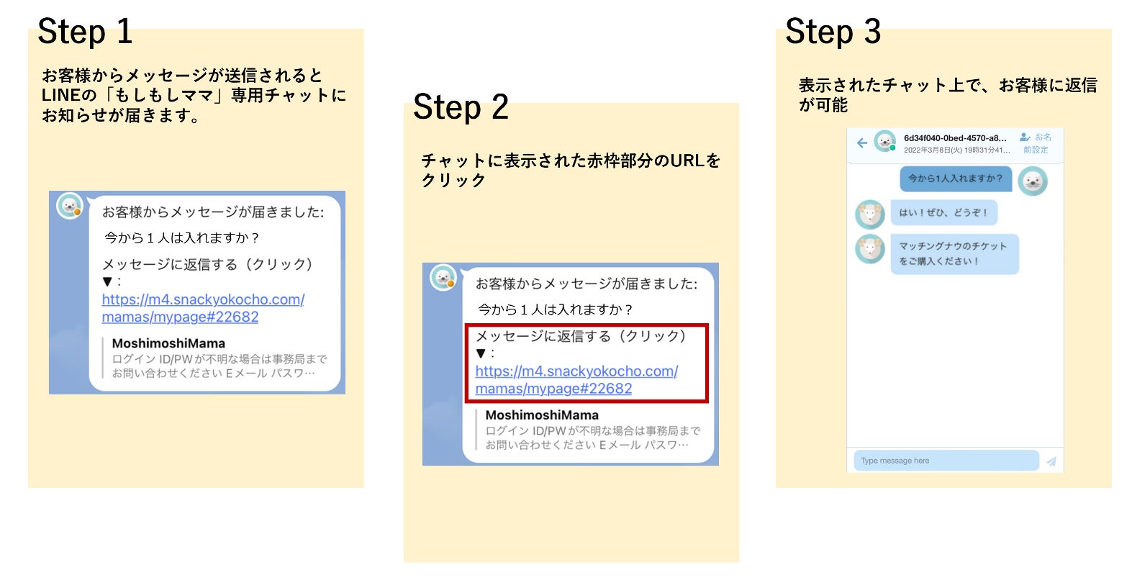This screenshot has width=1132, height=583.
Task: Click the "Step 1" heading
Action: (x=85, y=32)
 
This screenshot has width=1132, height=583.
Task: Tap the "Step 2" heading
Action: (x=461, y=107)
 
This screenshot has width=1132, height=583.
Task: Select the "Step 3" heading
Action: (x=833, y=32)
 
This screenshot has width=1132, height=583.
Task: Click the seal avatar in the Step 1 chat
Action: (x=70, y=206)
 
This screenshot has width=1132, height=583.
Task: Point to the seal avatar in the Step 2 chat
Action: (x=443, y=278)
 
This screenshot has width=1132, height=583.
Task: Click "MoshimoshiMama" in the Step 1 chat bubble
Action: (x=168, y=343)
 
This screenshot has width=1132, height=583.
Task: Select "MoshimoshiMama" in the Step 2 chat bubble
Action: (x=542, y=415)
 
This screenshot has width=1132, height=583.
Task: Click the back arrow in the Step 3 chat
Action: (x=861, y=143)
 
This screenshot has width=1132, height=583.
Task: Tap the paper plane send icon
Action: (x=1051, y=461)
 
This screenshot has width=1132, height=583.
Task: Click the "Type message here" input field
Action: (x=946, y=461)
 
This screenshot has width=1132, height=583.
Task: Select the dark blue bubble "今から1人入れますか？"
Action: (x=955, y=178)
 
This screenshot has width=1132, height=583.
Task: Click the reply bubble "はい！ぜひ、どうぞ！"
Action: (x=943, y=213)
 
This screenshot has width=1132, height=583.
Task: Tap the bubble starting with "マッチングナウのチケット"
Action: (x=954, y=253)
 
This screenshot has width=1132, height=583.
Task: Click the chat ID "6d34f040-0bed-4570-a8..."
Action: (x=955, y=138)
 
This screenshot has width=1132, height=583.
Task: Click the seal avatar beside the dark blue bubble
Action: (x=1033, y=181)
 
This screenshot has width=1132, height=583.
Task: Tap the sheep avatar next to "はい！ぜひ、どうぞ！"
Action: (x=869, y=214)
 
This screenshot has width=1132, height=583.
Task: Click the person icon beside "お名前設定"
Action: (x=1025, y=137)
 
